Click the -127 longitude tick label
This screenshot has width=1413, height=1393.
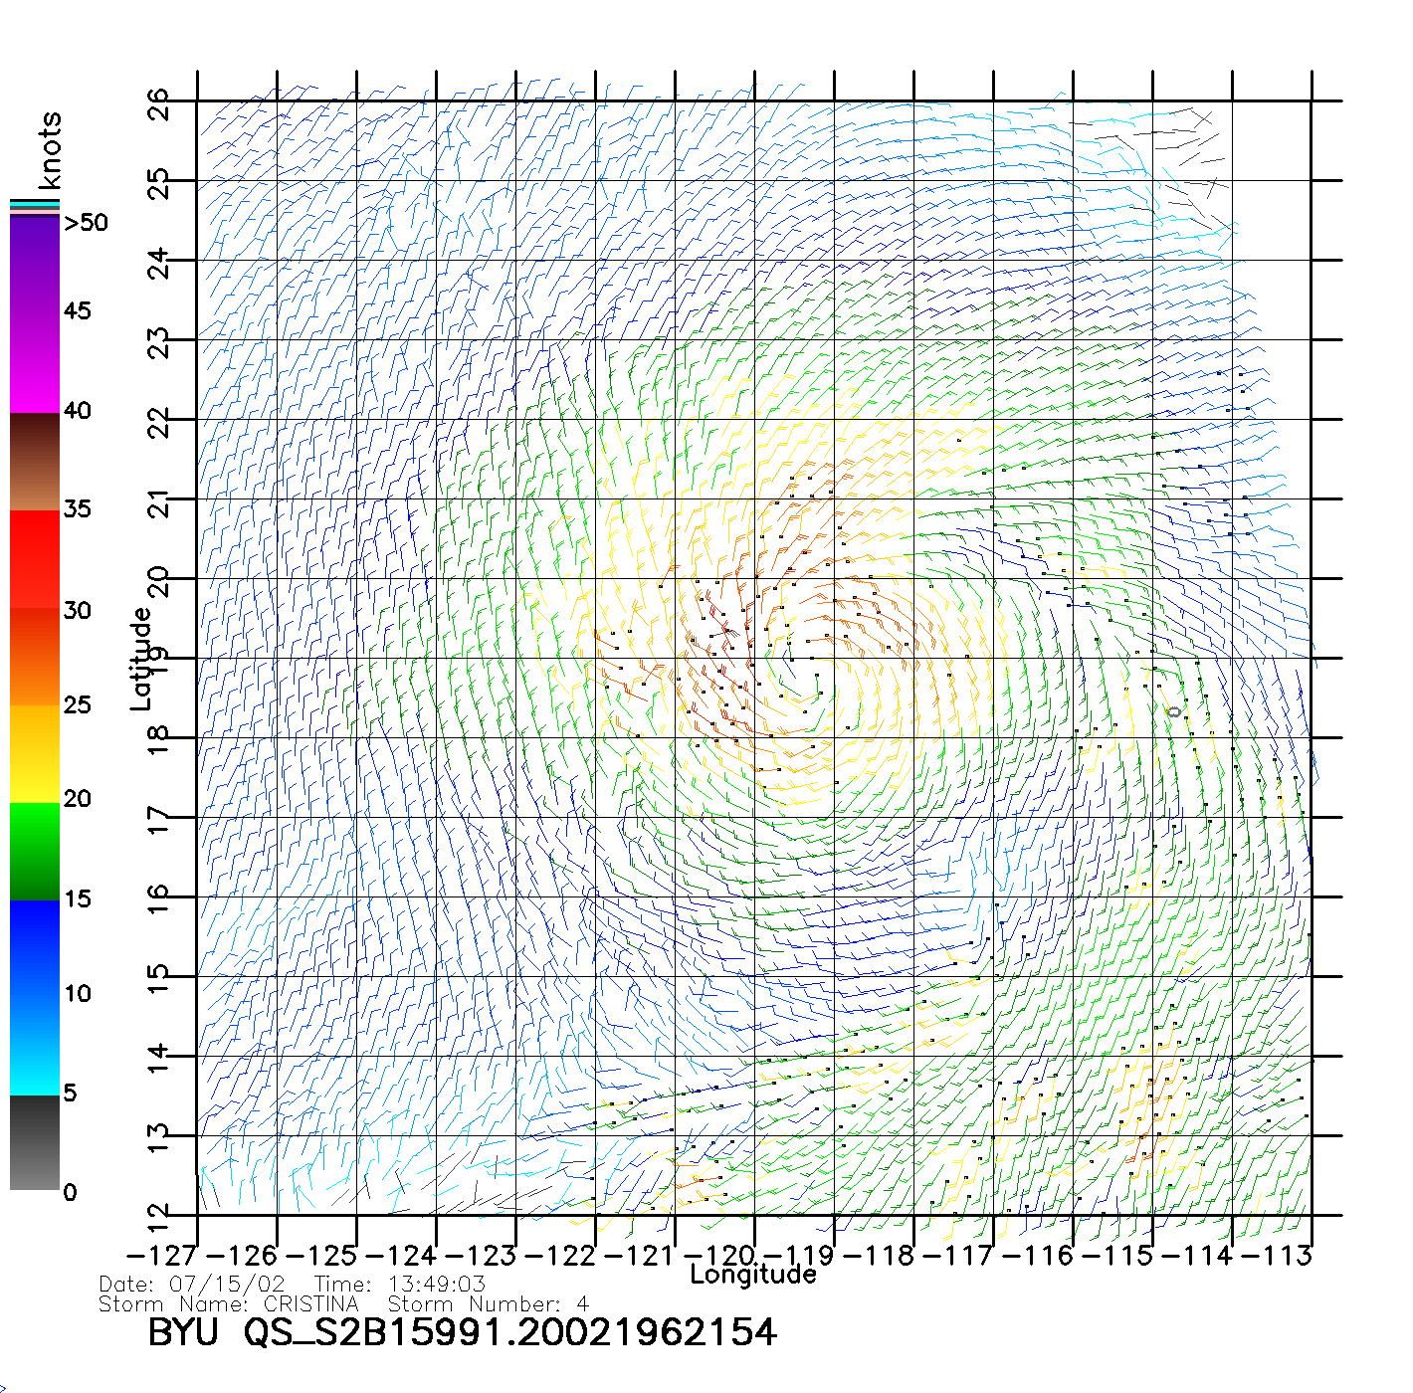click(161, 1256)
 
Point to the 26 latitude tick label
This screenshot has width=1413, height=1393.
click(159, 103)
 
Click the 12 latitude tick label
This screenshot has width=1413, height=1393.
click(159, 1216)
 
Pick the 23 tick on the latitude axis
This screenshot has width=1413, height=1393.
click(159, 342)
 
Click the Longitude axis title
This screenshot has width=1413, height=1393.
click(753, 1275)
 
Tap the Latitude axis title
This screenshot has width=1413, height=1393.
click(141, 659)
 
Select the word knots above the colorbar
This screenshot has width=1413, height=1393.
click(50, 150)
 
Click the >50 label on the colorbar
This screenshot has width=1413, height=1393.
click(86, 223)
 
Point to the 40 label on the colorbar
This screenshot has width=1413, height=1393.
click(77, 410)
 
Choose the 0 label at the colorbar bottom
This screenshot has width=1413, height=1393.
click(70, 1192)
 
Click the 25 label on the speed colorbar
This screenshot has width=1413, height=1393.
click(77, 705)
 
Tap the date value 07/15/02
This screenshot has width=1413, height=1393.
click(227, 1285)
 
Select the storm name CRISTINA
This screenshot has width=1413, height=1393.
click(310, 1303)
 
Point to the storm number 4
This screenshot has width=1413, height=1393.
click(582, 1303)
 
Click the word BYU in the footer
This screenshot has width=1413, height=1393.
click(182, 1332)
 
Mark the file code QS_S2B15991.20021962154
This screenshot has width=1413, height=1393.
click(510, 1332)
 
